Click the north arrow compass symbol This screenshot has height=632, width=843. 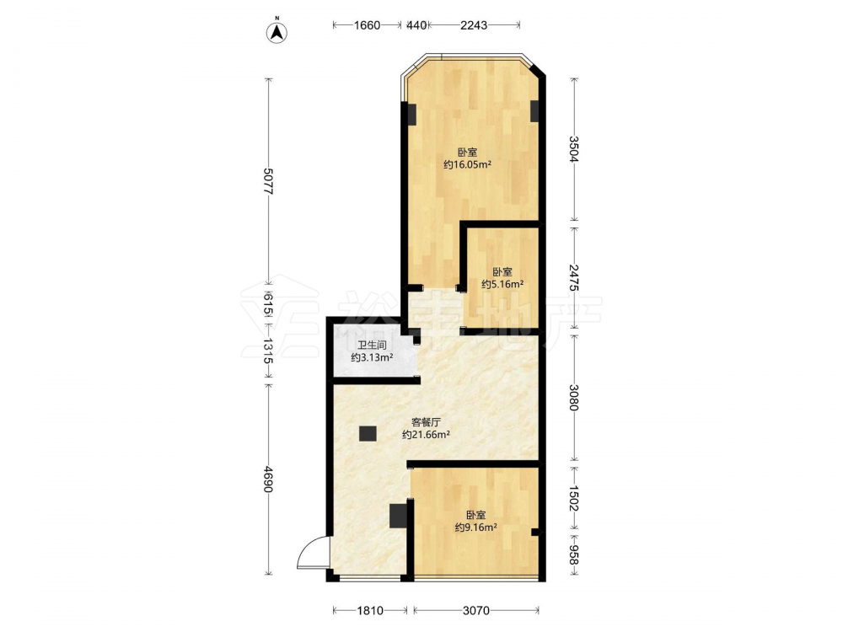(x=277, y=31)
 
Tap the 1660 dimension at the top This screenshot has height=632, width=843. (x=368, y=24)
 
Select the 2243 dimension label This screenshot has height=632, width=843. (x=474, y=24)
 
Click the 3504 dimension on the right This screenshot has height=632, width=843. (x=574, y=149)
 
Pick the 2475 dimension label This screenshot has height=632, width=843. (x=574, y=277)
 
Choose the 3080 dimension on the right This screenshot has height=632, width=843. (x=574, y=397)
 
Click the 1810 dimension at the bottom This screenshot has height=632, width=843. (x=370, y=610)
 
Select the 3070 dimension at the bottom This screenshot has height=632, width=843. (x=476, y=610)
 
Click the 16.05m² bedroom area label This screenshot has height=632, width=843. (x=467, y=164)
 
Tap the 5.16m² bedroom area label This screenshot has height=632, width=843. (x=502, y=284)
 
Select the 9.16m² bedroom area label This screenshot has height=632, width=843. (x=475, y=528)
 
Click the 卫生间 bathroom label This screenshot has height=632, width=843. (x=372, y=345)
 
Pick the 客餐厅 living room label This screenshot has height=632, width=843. (x=426, y=422)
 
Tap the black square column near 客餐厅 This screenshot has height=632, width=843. (x=368, y=433)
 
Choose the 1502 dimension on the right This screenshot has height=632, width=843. (x=574, y=499)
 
